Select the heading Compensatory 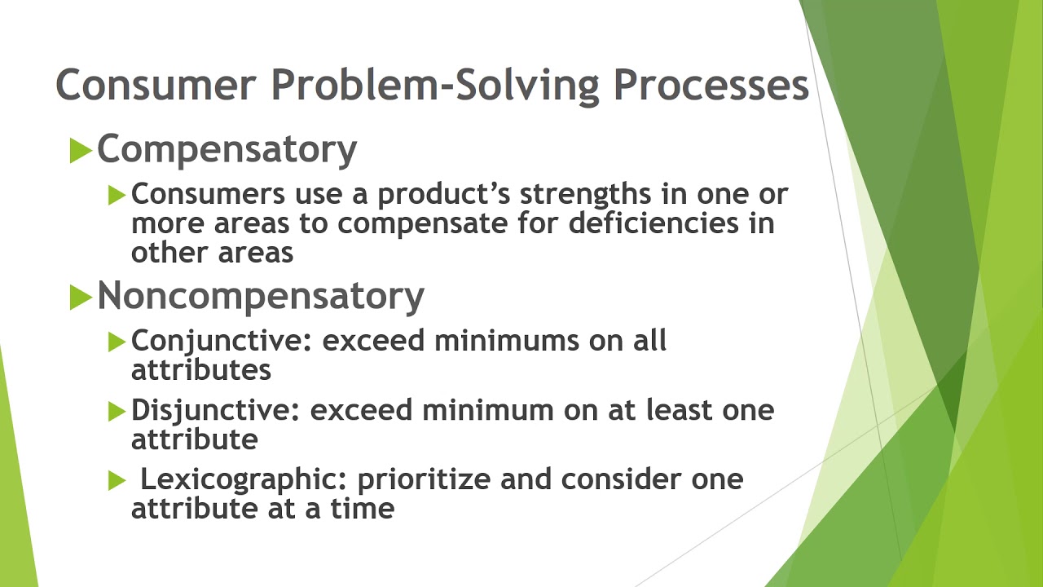pos(227,150)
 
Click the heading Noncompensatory pos(260,297)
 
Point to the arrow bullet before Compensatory pos(80,151)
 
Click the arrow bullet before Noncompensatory pos(80,298)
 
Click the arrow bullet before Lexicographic pos(117,481)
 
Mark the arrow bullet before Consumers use pos(117,195)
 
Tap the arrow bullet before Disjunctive pos(117,411)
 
